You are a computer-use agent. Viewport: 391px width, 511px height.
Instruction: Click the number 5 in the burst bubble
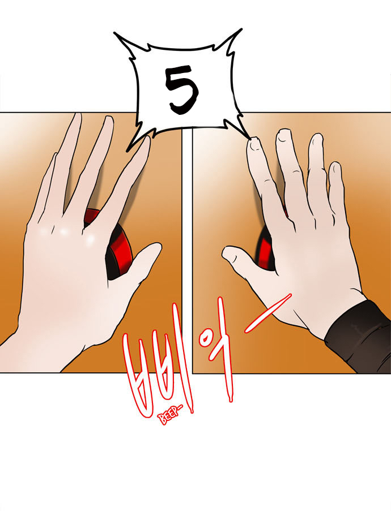coord(181,89)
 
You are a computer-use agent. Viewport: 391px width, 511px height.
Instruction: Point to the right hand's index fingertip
coord(254,143)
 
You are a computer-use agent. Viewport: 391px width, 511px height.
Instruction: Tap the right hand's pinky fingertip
coord(335,168)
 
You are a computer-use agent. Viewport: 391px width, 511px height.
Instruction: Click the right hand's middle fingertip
coord(283,134)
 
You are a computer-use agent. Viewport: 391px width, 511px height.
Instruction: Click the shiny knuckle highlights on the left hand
coord(65,233)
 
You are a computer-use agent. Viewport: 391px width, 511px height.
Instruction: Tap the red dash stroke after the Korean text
coord(267,313)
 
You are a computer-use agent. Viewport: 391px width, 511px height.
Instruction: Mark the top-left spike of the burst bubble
coord(115,33)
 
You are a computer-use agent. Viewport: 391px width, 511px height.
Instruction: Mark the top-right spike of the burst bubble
coord(241,29)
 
